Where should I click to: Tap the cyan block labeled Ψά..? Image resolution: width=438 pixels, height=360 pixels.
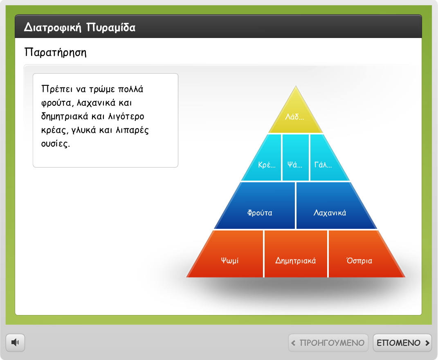pos(296,158)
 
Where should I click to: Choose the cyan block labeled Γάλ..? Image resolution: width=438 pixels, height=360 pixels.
pos(326,161)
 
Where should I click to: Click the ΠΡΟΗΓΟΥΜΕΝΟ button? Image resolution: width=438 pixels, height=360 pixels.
pos(328,343)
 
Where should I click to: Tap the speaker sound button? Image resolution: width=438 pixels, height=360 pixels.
pos(16,342)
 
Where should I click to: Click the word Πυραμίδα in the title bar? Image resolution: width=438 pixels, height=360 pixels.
pos(111,28)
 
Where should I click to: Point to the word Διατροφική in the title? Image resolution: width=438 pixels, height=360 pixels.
pos(53,28)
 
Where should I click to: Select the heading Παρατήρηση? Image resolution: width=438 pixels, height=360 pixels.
pos(55,53)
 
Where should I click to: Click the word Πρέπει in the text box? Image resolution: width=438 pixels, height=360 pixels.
pos(57,89)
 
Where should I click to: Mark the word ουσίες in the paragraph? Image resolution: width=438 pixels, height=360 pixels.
pos(55,144)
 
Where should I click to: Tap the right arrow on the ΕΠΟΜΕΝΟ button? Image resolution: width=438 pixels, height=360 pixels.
pos(427,343)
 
